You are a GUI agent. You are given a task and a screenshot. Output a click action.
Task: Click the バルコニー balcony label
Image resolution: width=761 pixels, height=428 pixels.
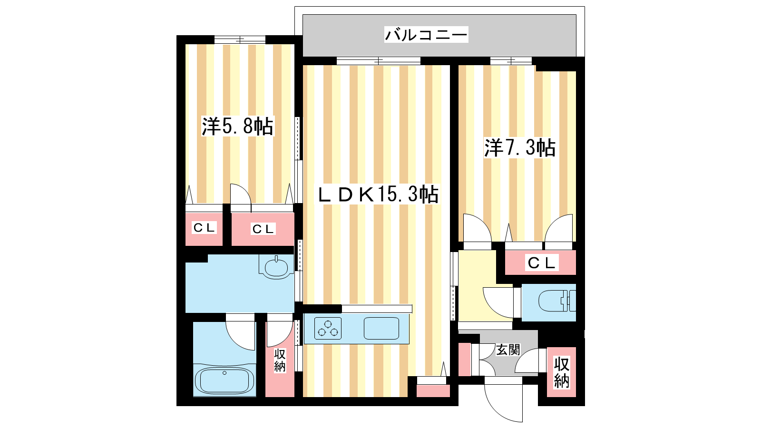(426, 35)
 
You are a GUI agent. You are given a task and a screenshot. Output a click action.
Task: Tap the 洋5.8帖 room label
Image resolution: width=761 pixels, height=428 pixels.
(237, 126)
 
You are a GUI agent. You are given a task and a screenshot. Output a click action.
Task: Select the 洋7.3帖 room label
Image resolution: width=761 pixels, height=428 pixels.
(520, 148)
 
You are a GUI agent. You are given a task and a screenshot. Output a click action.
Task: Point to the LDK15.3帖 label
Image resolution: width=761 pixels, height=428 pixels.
(378, 195)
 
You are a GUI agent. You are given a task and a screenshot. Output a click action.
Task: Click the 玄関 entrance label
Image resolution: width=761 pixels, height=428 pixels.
(508, 350)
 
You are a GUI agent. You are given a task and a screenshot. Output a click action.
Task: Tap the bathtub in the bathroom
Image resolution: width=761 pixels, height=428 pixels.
(224, 380)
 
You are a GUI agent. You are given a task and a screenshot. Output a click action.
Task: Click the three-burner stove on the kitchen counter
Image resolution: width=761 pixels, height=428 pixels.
(328, 328)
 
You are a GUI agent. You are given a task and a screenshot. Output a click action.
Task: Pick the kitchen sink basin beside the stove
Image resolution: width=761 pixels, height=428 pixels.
(381, 328)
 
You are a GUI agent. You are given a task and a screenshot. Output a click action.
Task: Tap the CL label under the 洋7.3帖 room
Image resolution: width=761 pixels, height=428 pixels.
(541, 263)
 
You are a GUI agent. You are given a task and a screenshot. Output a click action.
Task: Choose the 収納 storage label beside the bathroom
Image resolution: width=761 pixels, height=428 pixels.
(280, 361)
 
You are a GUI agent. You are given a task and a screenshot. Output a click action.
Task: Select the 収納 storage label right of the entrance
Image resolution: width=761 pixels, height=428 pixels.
(561, 373)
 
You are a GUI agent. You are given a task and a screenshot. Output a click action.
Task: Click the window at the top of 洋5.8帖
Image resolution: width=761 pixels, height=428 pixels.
(240, 40)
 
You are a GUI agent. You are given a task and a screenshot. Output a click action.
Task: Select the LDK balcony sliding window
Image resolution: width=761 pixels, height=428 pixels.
(379, 61)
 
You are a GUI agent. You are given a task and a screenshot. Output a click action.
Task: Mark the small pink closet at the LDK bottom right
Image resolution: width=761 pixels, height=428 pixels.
(433, 390)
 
